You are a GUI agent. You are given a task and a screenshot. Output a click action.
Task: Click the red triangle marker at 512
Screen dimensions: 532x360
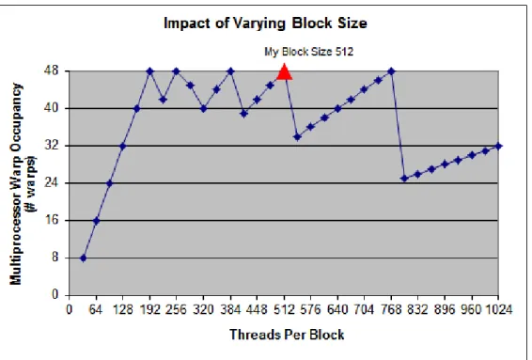(x=284, y=71)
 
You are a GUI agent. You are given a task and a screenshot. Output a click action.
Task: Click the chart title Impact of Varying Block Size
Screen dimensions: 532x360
(x=265, y=23)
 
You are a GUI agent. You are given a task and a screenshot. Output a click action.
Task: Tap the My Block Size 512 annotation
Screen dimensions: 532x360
(x=308, y=52)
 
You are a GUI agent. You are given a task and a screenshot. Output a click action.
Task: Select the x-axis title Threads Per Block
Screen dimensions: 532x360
(x=287, y=335)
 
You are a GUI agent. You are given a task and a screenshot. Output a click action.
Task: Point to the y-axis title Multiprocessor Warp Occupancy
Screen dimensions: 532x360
(x=16, y=183)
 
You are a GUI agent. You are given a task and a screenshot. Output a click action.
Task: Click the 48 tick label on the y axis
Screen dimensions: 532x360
(x=52, y=70)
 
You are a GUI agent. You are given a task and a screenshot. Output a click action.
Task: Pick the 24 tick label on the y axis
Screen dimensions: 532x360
(x=52, y=183)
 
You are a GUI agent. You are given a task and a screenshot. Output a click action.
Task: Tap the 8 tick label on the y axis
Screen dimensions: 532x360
(x=55, y=258)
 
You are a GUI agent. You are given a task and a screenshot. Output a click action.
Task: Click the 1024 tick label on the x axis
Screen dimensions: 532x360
(x=498, y=309)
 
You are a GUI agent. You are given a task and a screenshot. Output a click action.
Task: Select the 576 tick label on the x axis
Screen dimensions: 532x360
(x=310, y=309)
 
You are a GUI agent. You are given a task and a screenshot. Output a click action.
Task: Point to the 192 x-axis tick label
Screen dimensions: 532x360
(x=149, y=309)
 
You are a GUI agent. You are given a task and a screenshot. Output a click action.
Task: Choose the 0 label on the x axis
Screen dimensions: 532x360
(x=70, y=309)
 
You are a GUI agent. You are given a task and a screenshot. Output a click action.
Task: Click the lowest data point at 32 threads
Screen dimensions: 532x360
(x=83, y=258)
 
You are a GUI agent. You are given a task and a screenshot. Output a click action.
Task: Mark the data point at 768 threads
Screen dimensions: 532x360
(x=391, y=71)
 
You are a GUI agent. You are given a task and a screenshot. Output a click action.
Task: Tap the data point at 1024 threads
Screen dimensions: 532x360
(x=498, y=147)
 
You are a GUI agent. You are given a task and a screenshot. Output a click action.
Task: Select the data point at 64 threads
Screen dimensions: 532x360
(x=97, y=221)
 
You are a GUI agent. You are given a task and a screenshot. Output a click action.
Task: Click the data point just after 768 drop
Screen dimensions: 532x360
(x=404, y=179)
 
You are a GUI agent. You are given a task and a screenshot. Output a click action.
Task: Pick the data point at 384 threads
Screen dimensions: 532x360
(x=230, y=71)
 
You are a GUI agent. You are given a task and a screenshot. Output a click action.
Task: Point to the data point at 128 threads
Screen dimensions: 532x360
(x=123, y=147)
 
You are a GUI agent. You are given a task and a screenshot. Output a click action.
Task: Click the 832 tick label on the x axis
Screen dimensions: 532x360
(x=417, y=309)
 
